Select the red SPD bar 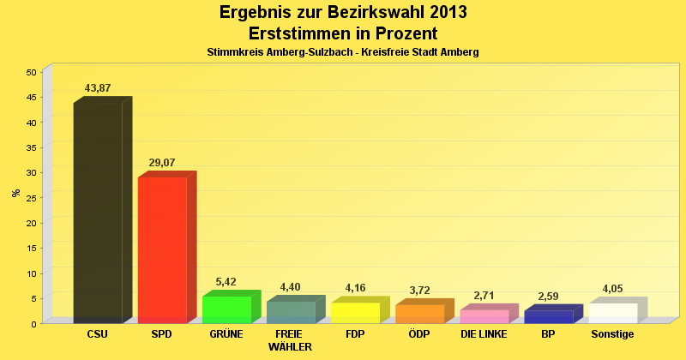click(162, 249)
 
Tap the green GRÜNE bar click(226, 309)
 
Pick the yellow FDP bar click(355, 313)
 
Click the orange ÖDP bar click(419, 314)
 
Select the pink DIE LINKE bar click(484, 316)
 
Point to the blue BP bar click(548, 317)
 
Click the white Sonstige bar click(612, 313)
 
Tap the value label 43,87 click(98, 88)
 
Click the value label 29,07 click(162, 162)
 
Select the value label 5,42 click(226, 282)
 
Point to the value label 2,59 click(548, 297)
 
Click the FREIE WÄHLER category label click(290, 340)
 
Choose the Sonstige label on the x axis click(612, 334)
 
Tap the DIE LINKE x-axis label click(484, 334)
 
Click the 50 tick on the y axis click(31, 72)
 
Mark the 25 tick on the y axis click(31, 198)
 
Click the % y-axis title click(16, 193)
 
